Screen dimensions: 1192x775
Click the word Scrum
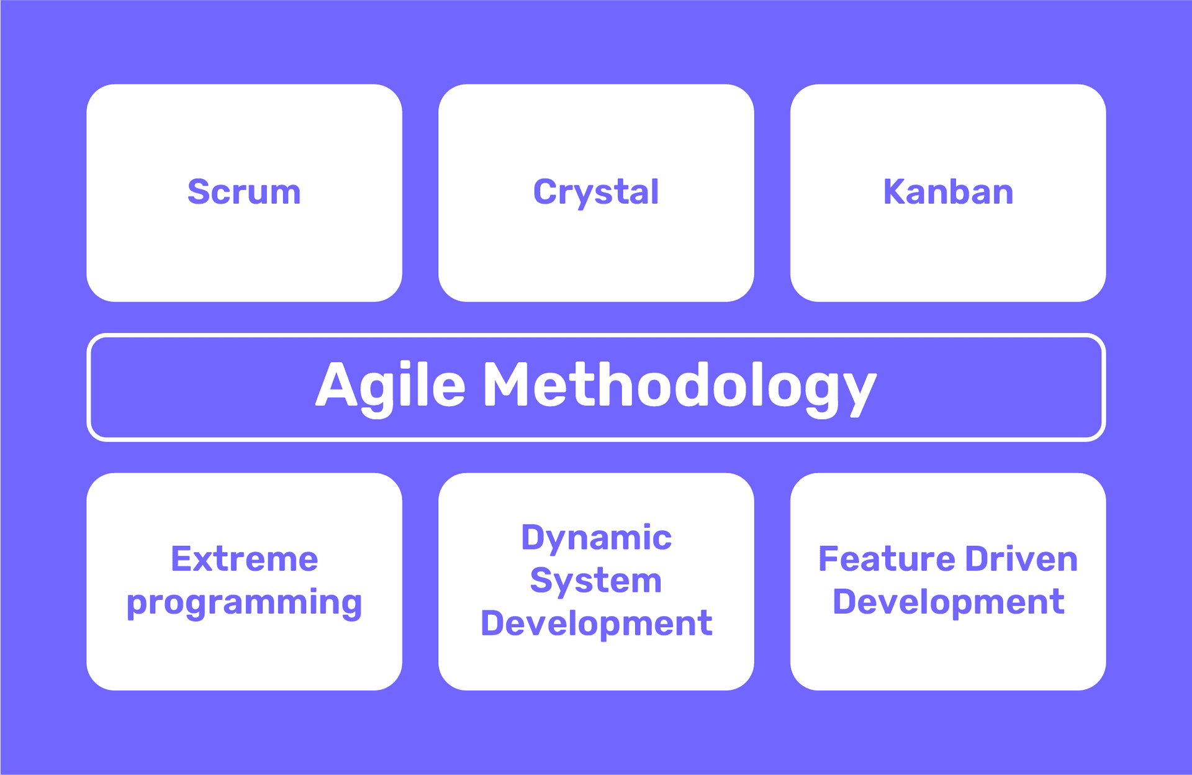click(244, 192)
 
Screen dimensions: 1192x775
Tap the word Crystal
click(596, 193)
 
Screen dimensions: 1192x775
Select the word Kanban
click(948, 191)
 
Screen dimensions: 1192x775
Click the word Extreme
click(245, 559)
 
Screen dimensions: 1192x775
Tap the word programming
click(244, 604)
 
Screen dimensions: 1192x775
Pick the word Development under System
click(596, 624)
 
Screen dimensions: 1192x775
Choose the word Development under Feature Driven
click(948, 603)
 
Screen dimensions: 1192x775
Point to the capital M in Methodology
click(508, 384)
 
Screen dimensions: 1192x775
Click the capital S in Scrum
click(199, 191)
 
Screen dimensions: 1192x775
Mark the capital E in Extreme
click(182, 559)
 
